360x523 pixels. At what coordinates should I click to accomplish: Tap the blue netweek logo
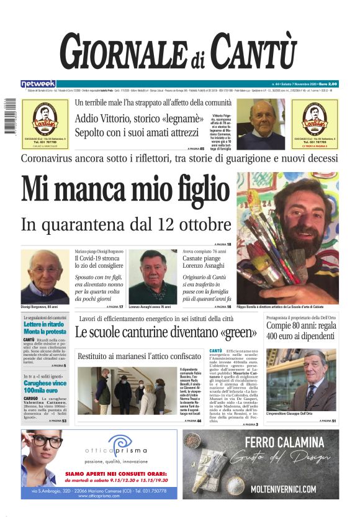38,83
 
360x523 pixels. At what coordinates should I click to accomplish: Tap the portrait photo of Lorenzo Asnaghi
153,276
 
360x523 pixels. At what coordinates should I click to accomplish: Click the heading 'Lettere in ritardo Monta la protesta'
45,327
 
